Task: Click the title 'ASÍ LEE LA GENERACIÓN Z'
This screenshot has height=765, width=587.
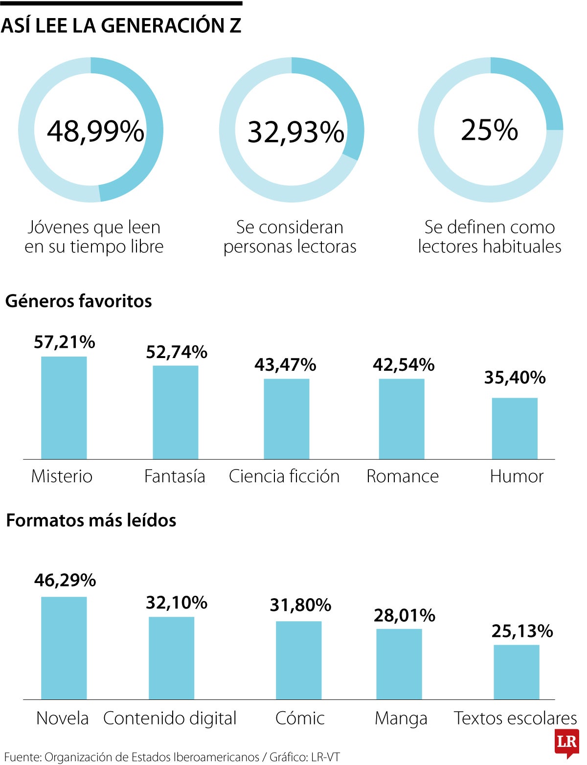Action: pos(121,25)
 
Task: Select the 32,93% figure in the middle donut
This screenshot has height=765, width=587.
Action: pos(296,132)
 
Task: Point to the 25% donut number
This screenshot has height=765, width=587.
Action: pos(489,130)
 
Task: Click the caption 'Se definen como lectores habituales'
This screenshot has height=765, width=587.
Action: pos(489,237)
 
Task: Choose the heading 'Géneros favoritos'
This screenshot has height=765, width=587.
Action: pos(78,301)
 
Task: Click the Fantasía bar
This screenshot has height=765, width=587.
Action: pos(175,412)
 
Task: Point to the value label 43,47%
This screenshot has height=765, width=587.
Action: pos(285,365)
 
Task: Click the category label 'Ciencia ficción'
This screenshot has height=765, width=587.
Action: pos(284,476)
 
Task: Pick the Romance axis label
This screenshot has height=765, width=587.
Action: pos(403,476)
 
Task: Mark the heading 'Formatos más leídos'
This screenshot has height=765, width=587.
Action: pos(91,520)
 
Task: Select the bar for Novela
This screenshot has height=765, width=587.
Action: pos(64,648)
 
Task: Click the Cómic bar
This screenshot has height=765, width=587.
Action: pos(298,660)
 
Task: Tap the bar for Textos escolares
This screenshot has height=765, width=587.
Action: pos(516,672)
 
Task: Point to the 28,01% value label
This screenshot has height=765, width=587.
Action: pos(405,615)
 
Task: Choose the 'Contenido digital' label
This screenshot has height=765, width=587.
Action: pos(170,718)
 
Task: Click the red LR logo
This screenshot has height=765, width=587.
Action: pos(567,742)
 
